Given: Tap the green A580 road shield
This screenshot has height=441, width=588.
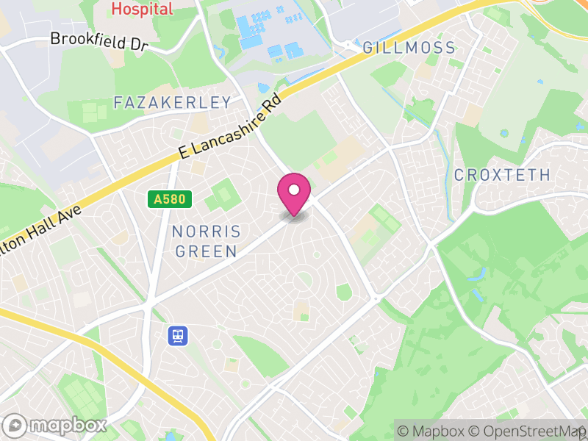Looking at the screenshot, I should tap(169, 198).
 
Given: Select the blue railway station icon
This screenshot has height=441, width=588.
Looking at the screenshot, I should tap(178, 336).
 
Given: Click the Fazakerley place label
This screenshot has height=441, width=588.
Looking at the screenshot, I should tap(173, 103).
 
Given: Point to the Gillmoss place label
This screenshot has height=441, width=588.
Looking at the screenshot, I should tap(409, 49).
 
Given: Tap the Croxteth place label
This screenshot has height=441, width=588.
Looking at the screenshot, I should tap(502, 175).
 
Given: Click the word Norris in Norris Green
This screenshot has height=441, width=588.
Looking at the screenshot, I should tap(206, 232).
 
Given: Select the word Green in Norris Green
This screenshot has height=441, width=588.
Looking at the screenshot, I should tap(206, 251).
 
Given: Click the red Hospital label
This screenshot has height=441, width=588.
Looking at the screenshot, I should tap(142, 10).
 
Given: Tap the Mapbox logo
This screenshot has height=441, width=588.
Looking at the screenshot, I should tap(56, 425).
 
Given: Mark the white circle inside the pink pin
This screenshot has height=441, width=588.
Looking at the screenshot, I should tap(294, 190).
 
